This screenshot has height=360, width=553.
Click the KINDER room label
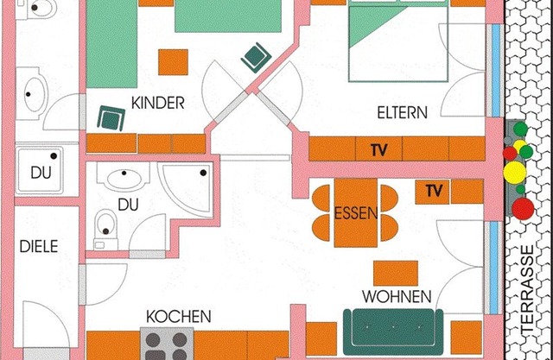pos(157,103)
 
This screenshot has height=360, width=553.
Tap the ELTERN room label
pos(402,113)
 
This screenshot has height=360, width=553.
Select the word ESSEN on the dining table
pos(356,213)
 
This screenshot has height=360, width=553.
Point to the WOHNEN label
pos(397,297)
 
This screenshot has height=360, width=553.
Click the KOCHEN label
pos(179,317)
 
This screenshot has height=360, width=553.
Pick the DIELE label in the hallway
pos(39,246)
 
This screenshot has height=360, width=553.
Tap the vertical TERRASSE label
pos(527,288)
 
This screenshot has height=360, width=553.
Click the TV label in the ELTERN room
pos(378,150)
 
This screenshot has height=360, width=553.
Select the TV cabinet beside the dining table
pos(432,192)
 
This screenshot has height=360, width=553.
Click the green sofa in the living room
pos(393,332)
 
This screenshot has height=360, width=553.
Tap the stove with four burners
pos(167,344)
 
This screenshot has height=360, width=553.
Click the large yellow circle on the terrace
pos(515,173)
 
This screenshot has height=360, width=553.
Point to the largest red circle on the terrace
pos(523,209)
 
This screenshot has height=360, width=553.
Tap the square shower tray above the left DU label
pos(39,170)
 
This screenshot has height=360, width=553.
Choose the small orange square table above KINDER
pos(173,62)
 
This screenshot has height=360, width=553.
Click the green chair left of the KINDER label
pos(111,118)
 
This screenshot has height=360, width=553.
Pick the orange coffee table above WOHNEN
pos(396,274)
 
